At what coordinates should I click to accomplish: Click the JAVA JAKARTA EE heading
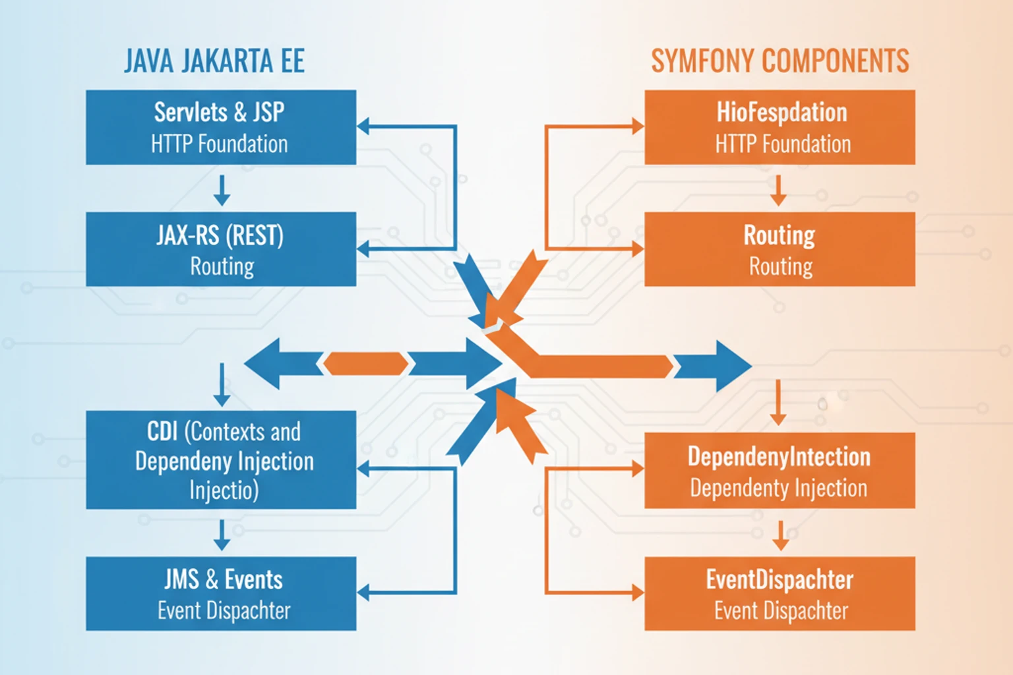[214, 61]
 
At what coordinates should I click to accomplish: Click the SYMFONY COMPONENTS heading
[780, 61]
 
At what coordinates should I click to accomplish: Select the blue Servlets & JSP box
[221, 127]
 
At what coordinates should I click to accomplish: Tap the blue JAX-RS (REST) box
[221, 249]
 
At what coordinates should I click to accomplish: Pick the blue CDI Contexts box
[221, 459]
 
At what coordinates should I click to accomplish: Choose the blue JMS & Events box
[221, 593]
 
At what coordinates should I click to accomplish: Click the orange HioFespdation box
[780, 127]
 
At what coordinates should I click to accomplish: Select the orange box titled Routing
[780, 249]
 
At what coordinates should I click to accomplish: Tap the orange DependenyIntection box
[780, 470]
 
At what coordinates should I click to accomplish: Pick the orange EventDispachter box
[780, 593]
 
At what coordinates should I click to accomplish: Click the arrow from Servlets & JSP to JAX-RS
[222, 190]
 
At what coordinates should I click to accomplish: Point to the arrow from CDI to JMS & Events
[222, 535]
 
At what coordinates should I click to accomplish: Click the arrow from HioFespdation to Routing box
[779, 190]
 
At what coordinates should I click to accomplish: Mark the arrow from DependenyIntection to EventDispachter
[781, 535]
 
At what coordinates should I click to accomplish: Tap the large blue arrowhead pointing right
[725, 366]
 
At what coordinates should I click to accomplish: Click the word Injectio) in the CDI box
[224, 490]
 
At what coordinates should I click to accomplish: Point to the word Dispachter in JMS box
[248, 611]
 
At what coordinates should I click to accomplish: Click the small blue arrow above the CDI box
[222, 385]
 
